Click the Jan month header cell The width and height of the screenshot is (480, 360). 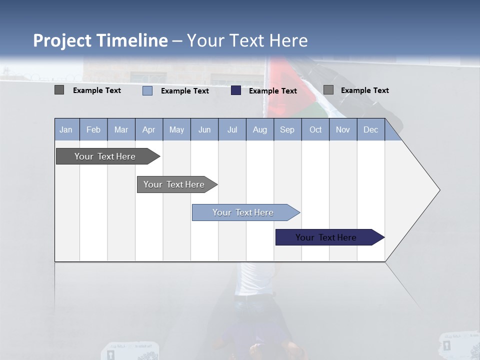pyautogui.click(x=66, y=129)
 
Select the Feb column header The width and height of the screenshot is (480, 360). pyautogui.click(x=93, y=129)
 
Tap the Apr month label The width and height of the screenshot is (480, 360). pyautogui.click(x=148, y=129)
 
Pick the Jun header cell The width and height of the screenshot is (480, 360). pyautogui.click(x=204, y=129)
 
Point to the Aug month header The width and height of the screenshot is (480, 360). pyautogui.click(x=259, y=129)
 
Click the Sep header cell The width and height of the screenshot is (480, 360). pyautogui.click(x=287, y=129)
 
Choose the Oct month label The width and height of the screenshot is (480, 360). pyautogui.click(x=315, y=129)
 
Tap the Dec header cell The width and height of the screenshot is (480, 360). pyautogui.click(x=370, y=129)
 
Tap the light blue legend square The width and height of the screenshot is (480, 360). pyautogui.click(x=147, y=90)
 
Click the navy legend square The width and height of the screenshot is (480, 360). pyautogui.click(x=236, y=90)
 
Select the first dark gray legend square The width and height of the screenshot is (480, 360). pyautogui.click(x=59, y=90)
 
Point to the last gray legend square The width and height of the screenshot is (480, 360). pyautogui.click(x=328, y=90)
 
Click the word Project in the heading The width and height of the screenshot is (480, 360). pyautogui.click(x=62, y=40)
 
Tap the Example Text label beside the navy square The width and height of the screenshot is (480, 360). pyautogui.click(x=272, y=91)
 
